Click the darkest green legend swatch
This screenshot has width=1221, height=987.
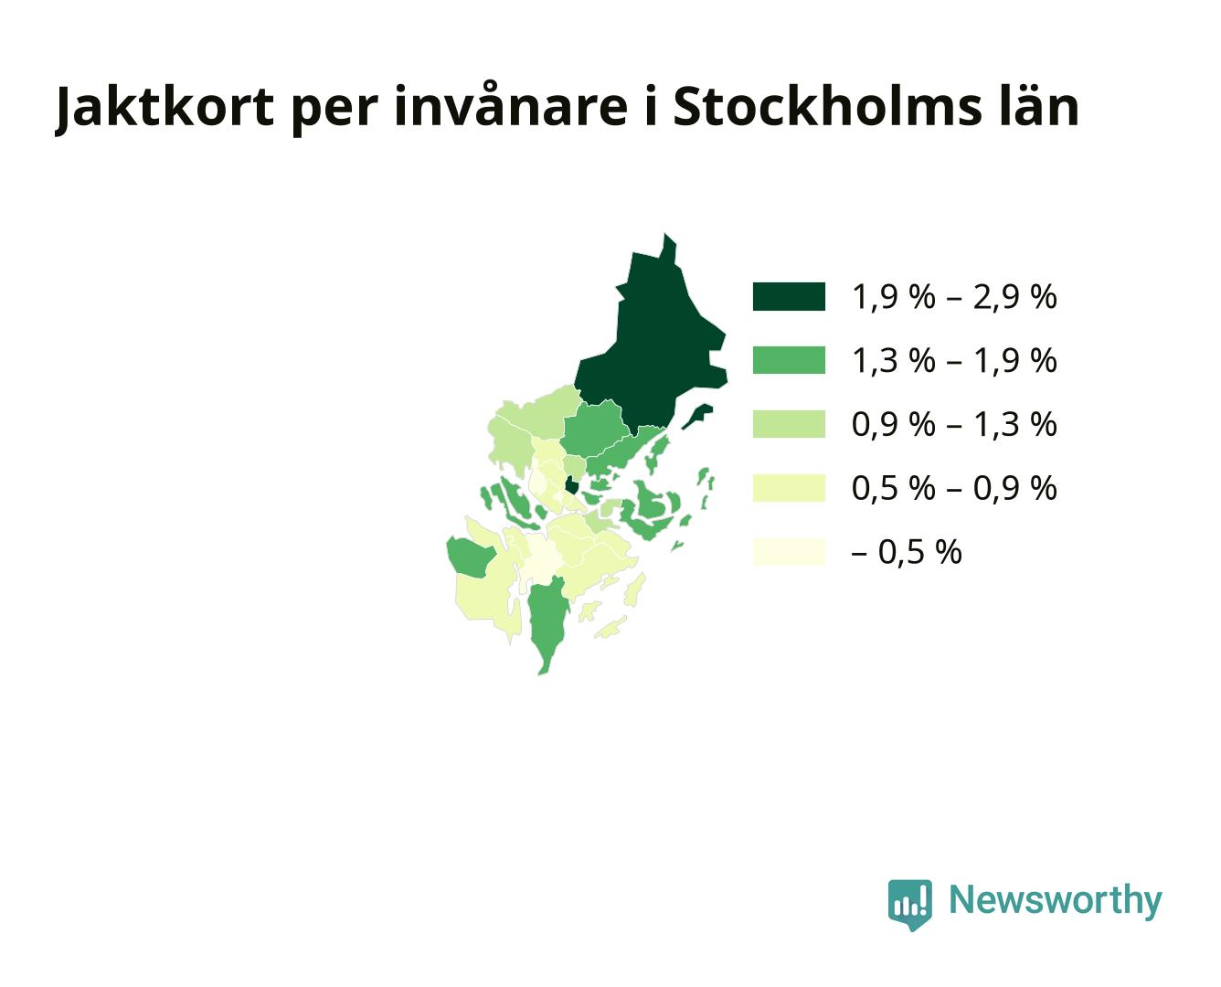tap(789, 296)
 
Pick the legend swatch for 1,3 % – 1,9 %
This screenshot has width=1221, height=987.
tap(789, 360)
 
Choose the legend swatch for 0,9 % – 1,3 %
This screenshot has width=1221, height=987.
tap(789, 424)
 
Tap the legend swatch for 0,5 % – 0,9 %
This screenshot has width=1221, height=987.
tap(789, 488)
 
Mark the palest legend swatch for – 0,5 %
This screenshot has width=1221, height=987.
tap(789, 552)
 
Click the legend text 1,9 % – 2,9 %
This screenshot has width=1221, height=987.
tap(954, 297)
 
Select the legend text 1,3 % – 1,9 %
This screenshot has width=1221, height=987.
tap(954, 360)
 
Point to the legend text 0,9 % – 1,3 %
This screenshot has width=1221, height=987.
tap(954, 425)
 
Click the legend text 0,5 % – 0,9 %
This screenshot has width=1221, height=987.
tap(954, 488)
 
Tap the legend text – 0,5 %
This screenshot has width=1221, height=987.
tap(907, 553)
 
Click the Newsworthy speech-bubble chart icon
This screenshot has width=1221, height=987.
tap(909, 905)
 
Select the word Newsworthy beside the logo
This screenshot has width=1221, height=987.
tap(1056, 901)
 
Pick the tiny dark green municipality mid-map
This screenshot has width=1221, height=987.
tap(571, 485)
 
